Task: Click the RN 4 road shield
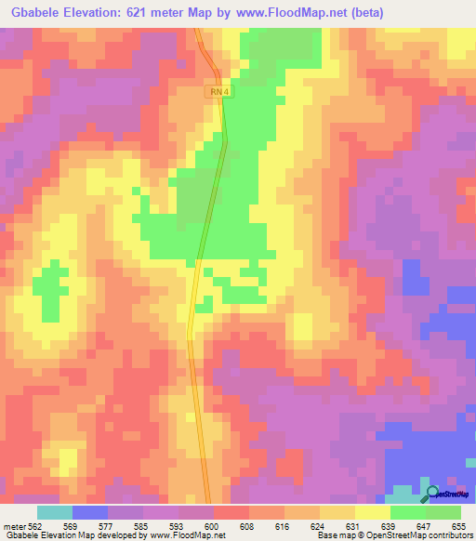[218, 92]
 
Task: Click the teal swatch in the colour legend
[55, 512]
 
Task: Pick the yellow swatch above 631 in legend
[337, 512]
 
